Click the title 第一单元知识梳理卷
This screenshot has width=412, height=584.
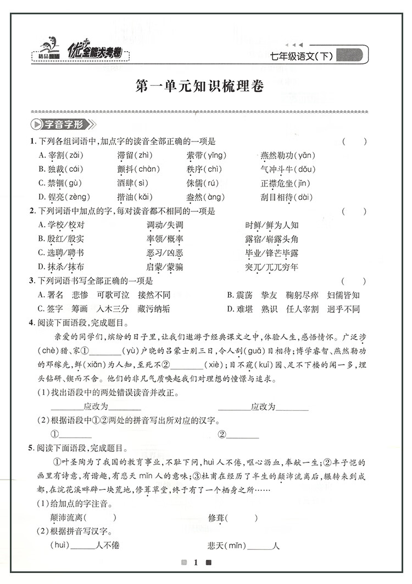click(x=199, y=86)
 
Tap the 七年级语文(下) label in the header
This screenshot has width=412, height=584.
click(x=302, y=55)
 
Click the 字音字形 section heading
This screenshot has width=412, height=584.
click(x=63, y=124)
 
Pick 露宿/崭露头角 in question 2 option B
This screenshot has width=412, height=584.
click(x=272, y=239)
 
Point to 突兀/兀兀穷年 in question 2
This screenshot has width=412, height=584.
click(x=272, y=268)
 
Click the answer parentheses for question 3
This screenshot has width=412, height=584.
click(x=354, y=281)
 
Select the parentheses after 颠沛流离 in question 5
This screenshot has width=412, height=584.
click(x=102, y=517)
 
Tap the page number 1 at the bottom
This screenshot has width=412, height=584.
click(x=195, y=563)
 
